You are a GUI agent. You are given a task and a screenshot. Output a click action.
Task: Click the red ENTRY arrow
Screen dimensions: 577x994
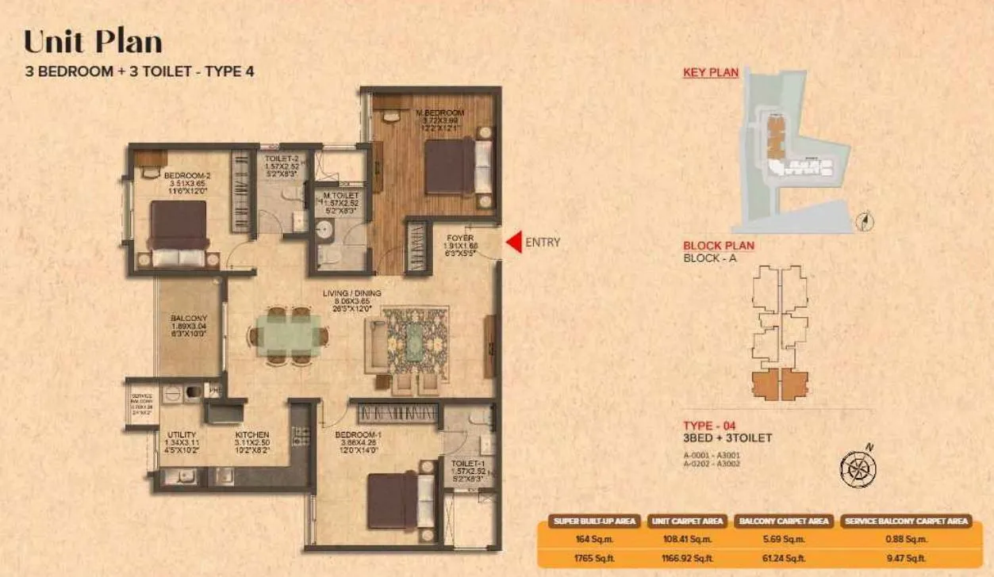(514, 243)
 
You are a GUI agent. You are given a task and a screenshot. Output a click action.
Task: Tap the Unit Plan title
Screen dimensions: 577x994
(93, 41)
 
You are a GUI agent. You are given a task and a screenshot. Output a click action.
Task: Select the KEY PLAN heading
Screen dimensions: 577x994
(711, 73)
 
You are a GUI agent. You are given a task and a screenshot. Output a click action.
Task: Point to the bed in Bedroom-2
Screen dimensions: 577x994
(179, 231)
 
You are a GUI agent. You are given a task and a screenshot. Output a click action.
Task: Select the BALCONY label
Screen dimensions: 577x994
(189, 319)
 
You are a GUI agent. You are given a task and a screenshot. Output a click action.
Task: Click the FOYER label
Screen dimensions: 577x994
(459, 237)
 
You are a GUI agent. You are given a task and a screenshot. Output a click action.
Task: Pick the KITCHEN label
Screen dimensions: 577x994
(252, 435)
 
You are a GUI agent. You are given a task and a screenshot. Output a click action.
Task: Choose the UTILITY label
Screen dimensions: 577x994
(182, 435)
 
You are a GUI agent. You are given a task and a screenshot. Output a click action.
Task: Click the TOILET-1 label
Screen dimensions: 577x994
(468, 463)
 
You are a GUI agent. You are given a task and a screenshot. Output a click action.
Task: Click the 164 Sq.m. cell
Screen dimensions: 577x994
(595, 540)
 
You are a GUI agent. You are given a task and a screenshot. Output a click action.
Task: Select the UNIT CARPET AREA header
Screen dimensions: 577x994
(687, 521)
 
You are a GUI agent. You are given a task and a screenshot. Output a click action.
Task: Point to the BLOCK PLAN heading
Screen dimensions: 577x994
(719, 246)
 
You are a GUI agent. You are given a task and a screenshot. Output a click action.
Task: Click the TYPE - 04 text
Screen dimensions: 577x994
(709, 426)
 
